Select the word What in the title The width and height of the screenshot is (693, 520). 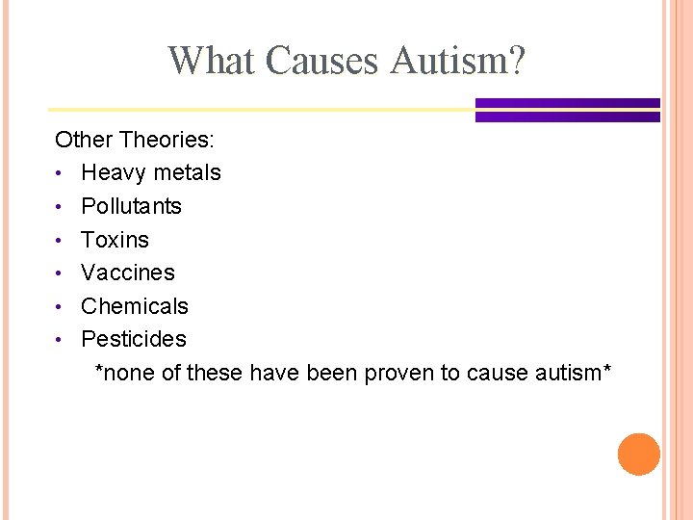(213, 61)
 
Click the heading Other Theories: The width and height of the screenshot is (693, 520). (135, 140)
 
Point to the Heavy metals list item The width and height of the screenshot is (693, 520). (151, 173)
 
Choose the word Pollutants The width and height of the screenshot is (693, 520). (131, 206)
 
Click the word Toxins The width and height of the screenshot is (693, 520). (115, 240)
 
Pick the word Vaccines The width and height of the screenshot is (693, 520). (128, 273)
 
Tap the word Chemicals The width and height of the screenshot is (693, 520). (135, 306)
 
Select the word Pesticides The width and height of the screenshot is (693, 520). (134, 339)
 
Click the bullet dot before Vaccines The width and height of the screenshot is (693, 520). (60, 273)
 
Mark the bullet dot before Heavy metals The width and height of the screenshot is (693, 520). (60, 174)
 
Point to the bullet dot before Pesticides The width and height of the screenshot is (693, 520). (60, 340)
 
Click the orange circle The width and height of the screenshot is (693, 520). (639, 455)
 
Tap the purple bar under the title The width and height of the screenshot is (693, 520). (567, 110)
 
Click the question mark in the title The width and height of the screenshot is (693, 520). (516, 61)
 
